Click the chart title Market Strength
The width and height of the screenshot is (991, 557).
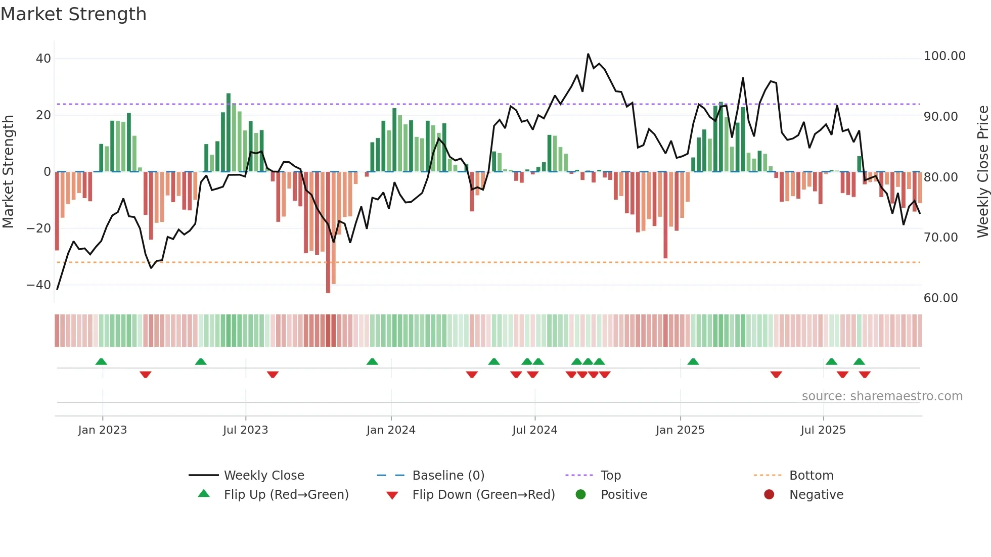[73, 14]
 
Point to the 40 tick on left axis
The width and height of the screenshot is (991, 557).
[43, 59]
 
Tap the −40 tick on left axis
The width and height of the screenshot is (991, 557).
[39, 285]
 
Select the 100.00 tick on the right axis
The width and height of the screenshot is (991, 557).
[944, 56]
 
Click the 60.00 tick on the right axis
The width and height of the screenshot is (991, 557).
[940, 298]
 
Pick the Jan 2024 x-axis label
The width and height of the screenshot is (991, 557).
[391, 430]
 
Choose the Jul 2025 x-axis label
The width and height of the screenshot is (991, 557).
[823, 430]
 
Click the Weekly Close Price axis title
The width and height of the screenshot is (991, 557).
[982, 172]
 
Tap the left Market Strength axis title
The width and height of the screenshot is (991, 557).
[8, 172]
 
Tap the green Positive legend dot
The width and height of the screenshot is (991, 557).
[580, 495]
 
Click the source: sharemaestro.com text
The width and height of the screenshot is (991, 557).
[882, 396]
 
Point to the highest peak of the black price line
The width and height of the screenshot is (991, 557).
[588, 54]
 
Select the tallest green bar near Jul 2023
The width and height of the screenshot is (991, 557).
[229, 132]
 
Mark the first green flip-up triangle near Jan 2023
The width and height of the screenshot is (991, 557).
[101, 361]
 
